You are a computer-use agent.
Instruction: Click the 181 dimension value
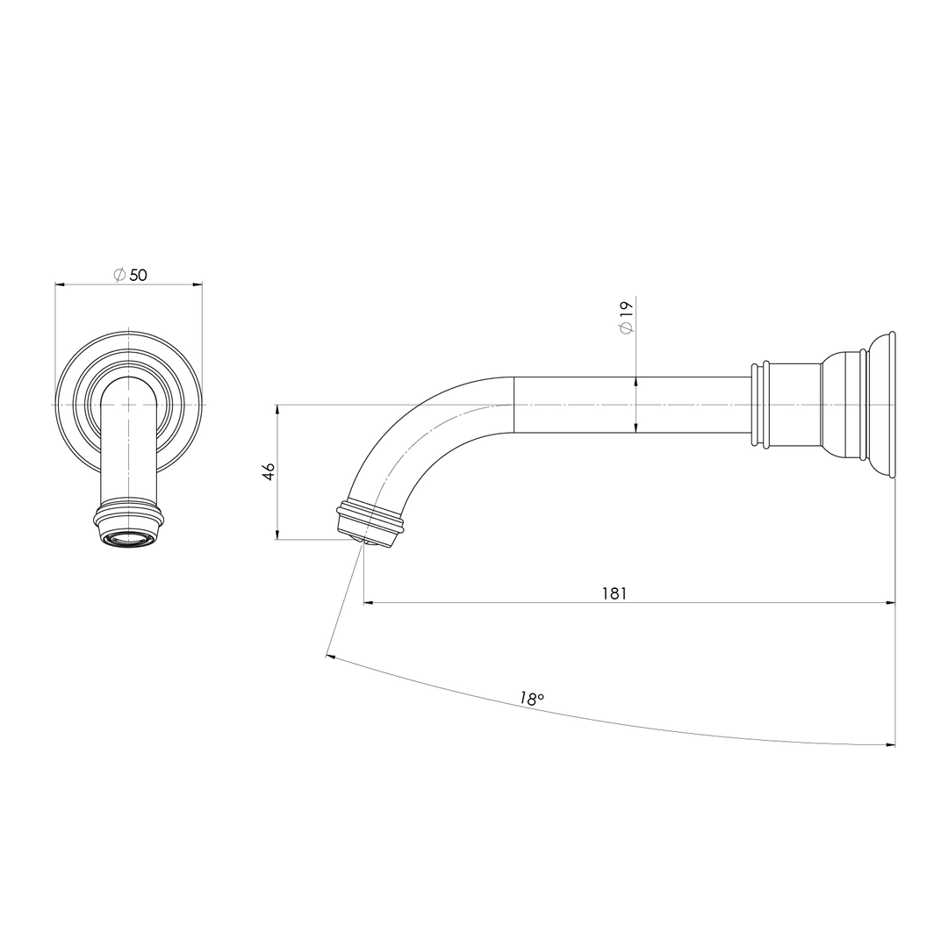pos(614,593)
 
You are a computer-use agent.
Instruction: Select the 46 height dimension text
pos(269,471)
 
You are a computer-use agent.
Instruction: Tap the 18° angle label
pos(531,699)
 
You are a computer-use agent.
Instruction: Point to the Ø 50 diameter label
pos(131,275)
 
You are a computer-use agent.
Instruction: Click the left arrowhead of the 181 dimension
pos(370,603)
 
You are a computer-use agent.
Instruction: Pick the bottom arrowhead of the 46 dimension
pos(277,534)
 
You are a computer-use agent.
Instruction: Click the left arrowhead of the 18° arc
pos(331,656)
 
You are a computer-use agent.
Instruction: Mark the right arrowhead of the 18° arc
pos(890,744)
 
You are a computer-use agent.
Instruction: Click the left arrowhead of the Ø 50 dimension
pos(61,284)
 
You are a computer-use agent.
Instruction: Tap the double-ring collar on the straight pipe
pos(760,405)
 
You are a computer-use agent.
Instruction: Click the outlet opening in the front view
pos(128,537)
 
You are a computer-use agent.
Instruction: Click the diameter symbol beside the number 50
pos(119,275)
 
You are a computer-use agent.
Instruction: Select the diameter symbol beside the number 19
pos(626,327)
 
